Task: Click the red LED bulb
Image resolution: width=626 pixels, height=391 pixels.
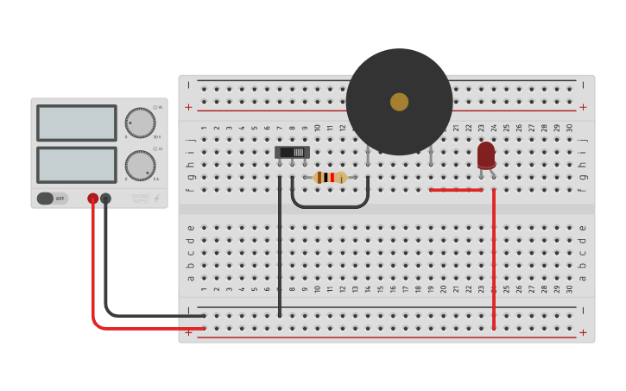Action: [486, 155]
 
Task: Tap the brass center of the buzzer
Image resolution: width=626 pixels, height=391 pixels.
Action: [399, 102]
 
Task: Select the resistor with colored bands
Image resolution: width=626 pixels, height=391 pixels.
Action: [331, 177]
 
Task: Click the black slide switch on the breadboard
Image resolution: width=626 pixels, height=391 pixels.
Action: [292, 152]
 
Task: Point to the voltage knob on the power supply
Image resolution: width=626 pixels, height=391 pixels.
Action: [140, 123]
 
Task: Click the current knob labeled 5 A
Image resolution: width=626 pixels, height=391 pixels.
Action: [140, 165]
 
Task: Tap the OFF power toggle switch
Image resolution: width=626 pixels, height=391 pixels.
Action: [51, 199]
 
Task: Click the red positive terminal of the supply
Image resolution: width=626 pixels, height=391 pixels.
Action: [93, 199]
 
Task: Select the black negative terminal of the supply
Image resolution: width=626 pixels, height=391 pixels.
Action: [105, 199]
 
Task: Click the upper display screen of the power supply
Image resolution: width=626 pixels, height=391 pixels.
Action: [76, 123]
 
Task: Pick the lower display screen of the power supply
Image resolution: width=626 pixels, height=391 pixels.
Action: [76, 165]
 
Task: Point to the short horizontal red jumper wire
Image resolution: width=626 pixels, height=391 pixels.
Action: [456, 190]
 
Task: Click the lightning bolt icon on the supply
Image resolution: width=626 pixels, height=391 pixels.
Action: [156, 199]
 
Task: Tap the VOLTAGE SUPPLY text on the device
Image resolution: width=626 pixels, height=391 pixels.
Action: [140, 198]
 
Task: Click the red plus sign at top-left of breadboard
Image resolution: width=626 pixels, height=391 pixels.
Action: [188, 107]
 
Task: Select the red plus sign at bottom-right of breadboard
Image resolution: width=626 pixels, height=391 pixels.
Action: [583, 332]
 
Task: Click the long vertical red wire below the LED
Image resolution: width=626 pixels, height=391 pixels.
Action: [494, 259]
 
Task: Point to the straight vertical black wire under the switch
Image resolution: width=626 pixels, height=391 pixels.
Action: [280, 250]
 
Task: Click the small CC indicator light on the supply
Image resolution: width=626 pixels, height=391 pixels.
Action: [155, 149]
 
